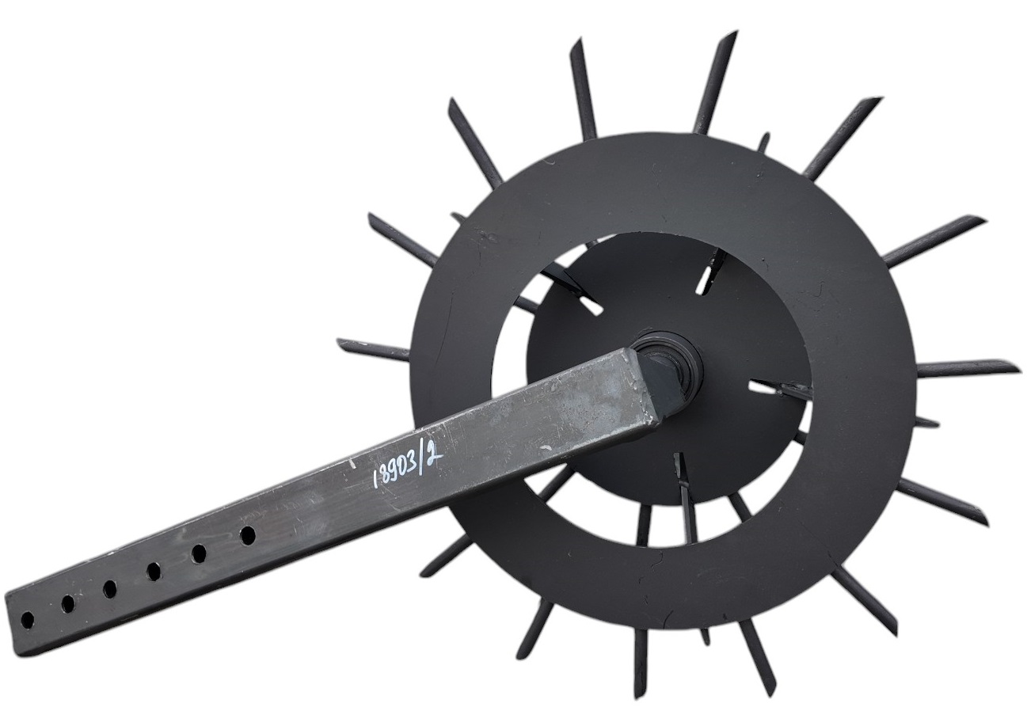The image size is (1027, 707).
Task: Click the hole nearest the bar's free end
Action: pos(27,619)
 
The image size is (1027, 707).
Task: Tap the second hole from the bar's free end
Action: pos(68,603)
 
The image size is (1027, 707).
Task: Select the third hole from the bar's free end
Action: pos(109,588)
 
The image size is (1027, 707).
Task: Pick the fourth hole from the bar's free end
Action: pos(154,571)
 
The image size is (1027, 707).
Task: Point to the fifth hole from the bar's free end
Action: pos(199,553)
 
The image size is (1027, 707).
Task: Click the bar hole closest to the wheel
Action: pos(248,534)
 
